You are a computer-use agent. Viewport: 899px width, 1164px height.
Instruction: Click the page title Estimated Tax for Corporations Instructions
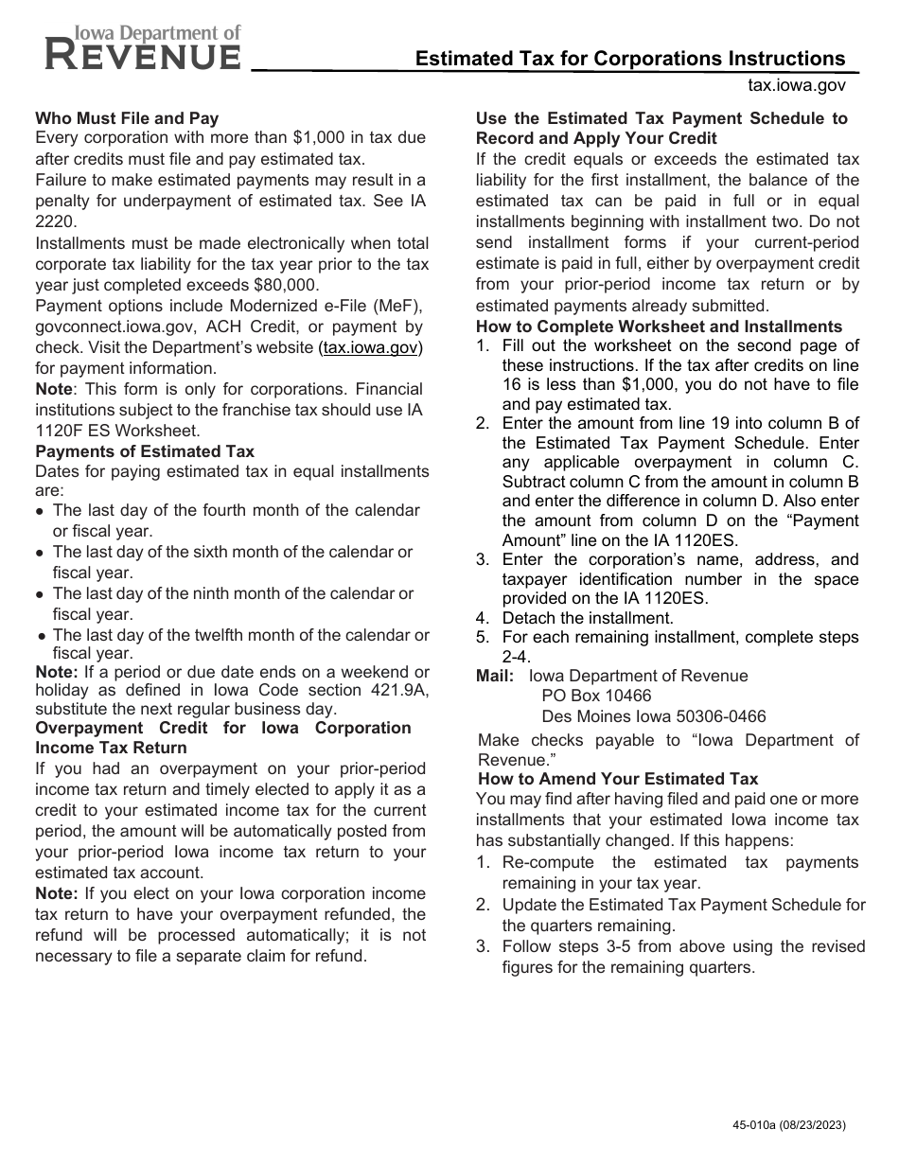pyautogui.click(x=630, y=59)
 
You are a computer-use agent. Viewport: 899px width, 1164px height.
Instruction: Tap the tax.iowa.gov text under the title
pyautogui.click(x=796, y=85)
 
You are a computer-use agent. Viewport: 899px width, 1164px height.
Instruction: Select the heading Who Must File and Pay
pyautogui.click(x=127, y=118)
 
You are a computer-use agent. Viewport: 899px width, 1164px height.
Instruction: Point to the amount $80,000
pyautogui.click(x=286, y=285)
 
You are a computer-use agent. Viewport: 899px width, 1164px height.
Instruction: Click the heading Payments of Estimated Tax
pyautogui.click(x=145, y=451)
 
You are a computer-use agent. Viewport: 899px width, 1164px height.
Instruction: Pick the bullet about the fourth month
pyautogui.click(x=236, y=520)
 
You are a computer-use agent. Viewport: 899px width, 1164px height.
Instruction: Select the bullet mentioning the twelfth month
pyautogui.click(x=240, y=644)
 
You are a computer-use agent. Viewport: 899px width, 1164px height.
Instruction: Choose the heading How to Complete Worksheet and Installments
pyautogui.click(x=659, y=326)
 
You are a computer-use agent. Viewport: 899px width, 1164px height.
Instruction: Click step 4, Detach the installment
pyautogui.click(x=587, y=618)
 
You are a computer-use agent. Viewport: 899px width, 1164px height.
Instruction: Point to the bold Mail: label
pyautogui.click(x=495, y=676)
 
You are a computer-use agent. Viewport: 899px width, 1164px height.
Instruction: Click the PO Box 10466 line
pyautogui.click(x=596, y=696)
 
